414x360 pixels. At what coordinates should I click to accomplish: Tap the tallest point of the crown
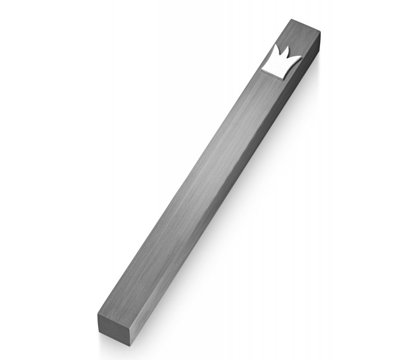[x=276, y=45]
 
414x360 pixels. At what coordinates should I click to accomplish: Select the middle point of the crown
[x=288, y=47]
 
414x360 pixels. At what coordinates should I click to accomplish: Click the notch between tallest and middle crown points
[x=280, y=54]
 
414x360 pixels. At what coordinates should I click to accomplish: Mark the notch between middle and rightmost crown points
[x=287, y=58]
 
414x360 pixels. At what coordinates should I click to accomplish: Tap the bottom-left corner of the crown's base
[x=262, y=69]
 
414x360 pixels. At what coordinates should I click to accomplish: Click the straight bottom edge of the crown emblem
[x=272, y=73]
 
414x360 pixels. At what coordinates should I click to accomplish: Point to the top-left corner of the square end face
[x=98, y=315]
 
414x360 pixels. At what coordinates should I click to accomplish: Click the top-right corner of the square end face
[x=129, y=328]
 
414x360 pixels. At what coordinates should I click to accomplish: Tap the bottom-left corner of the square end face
[x=99, y=332]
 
